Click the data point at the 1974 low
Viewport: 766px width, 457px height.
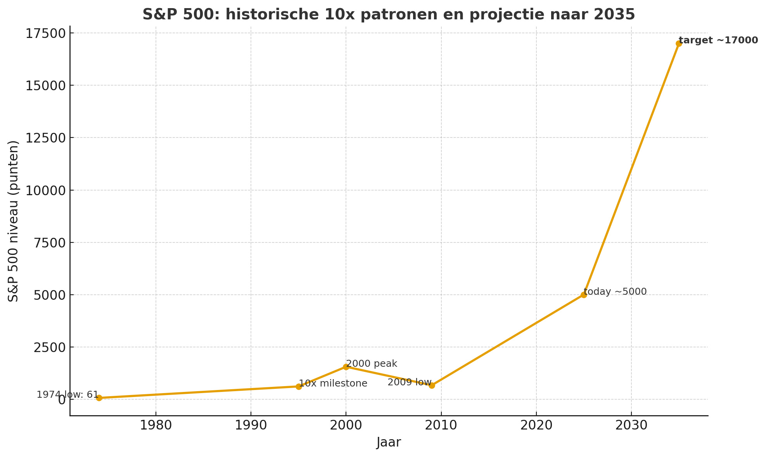coord(99,398)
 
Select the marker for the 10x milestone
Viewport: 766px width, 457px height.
coord(299,387)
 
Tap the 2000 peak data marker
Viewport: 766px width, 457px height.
coord(346,367)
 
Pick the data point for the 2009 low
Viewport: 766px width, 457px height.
coord(432,385)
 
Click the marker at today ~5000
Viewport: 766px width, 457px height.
coord(584,295)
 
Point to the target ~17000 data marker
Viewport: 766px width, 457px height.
coord(679,43)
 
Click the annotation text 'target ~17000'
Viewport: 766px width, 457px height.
coord(718,40)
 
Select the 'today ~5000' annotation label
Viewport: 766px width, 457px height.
coord(615,292)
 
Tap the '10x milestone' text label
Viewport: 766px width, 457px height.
coord(333,383)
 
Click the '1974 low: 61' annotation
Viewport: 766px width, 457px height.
coord(68,395)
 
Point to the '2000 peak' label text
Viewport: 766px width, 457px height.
coord(372,364)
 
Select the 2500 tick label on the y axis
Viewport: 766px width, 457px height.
coord(48,347)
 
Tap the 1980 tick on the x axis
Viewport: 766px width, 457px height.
coord(156,426)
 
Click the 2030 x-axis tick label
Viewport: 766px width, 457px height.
coord(631,426)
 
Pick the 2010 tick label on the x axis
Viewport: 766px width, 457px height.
coord(441,426)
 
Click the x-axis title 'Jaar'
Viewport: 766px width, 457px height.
coord(388,442)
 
